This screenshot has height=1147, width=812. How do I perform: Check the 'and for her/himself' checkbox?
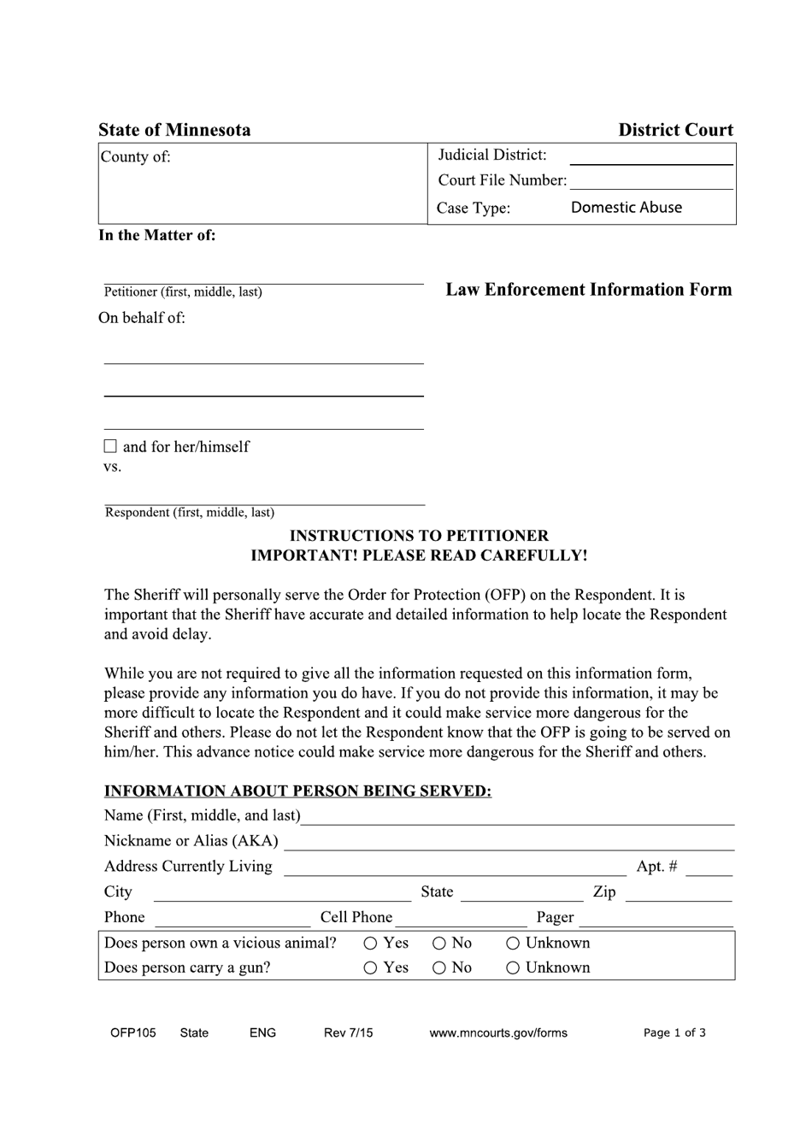[x=109, y=446]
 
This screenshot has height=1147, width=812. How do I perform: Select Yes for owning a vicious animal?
[x=370, y=944]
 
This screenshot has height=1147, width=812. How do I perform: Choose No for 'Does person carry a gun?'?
[x=438, y=968]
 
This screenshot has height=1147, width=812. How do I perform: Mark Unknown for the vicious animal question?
[x=513, y=944]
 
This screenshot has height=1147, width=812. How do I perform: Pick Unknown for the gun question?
[x=513, y=968]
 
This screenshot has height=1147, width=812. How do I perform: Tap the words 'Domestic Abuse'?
[x=626, y=208]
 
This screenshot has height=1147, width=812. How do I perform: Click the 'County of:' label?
[x=136, y=156]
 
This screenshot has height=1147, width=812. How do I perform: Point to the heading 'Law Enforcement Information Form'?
[x=588, y=290]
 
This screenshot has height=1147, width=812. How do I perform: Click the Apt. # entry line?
[x=709, y=868]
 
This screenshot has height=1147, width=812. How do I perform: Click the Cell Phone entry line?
[x=462, y=920]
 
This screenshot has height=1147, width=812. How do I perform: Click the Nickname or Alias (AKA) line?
[x=509, y=844]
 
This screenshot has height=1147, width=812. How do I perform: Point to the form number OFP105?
[x=133, y=1032]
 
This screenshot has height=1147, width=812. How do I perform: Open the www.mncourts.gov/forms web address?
[x=498, y=1032]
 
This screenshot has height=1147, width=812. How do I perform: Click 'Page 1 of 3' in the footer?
[x=674, y=1032]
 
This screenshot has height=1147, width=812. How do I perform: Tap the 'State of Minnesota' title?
[x=174, y=130]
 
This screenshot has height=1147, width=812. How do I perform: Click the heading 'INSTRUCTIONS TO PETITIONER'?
[x=419, y=536]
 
